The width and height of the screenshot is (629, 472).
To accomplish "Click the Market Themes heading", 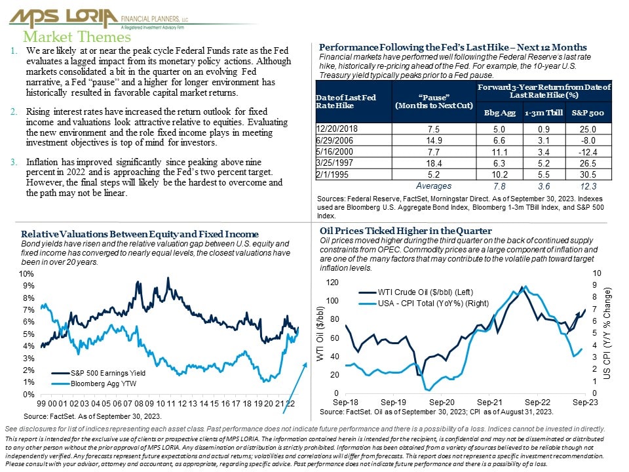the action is [x=77, y=37].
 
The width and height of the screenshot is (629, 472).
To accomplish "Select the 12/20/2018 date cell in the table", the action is [x=337, y=129].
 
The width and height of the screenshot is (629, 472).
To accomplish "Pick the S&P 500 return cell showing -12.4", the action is [x=588, y=152].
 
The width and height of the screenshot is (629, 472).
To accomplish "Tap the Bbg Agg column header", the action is [x=499, y=113].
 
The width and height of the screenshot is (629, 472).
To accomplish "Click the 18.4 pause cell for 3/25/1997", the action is [x=434, y=163].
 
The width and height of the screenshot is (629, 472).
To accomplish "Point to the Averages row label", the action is [x=434, y=186].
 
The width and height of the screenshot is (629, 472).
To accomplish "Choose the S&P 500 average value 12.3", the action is [x=588, y=186].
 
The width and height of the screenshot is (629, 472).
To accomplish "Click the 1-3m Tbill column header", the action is [x=544, y=113].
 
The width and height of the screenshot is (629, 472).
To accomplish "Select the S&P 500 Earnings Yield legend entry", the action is [x=98, y=373].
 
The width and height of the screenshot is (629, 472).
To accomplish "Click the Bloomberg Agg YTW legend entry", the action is [x=94, y=383].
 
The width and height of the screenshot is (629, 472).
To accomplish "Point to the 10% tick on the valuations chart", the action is [x=26, y=274].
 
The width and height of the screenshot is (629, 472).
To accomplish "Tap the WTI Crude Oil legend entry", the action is [x=415, y=292].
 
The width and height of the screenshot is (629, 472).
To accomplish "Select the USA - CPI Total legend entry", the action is [x=424, y=304].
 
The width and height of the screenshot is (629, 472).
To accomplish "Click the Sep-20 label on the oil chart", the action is [x=442, y=402].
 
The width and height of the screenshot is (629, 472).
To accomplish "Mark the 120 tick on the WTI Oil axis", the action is [x=332, y=282].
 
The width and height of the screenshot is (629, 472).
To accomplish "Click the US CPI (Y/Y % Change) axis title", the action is [x=607, y=333].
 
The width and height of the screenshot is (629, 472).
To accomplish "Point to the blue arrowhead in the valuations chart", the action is [x=305, y=365].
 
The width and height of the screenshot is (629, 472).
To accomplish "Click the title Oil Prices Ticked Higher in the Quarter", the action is [x=406, y=231].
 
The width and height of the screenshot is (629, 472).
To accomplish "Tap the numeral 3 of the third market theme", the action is [x=13, y=162].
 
